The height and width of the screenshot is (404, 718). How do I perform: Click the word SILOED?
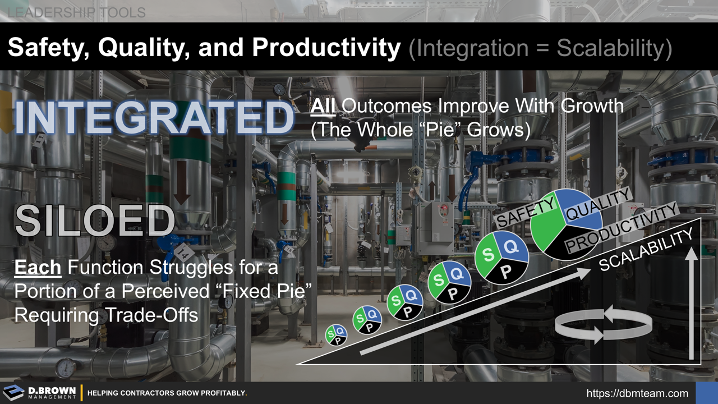[x=94, y=221]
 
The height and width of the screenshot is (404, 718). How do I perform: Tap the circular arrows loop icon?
[x=603, y=324]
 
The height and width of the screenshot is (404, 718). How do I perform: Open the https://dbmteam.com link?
[x=637, y=393]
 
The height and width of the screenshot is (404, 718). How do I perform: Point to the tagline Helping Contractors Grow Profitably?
[x=167, y=393]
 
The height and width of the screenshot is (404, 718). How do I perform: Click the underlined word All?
[x=323, y=105]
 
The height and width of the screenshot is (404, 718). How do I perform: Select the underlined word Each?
[x=37, y=268]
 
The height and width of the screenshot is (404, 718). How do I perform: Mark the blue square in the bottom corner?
[x=706, y=393]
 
